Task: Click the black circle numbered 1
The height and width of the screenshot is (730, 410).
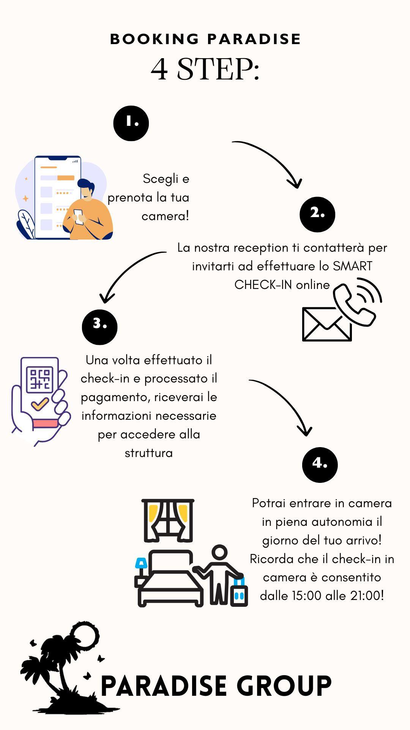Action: pyautogui.click(x=131, y=123)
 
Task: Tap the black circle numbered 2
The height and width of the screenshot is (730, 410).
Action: pyautogui.click(x=317, y=214)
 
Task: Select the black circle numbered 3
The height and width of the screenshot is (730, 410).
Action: pyautogui.click(x=99, y=327)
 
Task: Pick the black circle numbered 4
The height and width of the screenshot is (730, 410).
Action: pyautogui.click(x=320, y=465)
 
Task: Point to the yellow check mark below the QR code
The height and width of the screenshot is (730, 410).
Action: pyautogui.click(x=39, y=403)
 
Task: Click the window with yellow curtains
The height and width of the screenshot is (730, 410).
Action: pyautogui.click(x=168, y=520)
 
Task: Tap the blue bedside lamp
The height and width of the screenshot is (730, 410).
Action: pyautogui.click(x=141, y=563)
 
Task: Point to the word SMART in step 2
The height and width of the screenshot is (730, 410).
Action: pyautogui.click(x=352, y=266)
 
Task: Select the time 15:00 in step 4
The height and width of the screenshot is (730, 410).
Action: pyautogui.click(x=306, y=595)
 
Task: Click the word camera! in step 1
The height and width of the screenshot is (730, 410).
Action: pyautogui.click(x=165, y=216)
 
